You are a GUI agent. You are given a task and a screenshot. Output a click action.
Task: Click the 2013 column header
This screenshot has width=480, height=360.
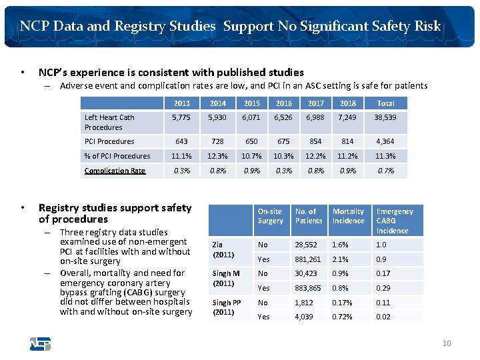coord(181,103)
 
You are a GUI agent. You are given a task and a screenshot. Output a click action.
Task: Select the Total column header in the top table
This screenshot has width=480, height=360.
coord(385,103)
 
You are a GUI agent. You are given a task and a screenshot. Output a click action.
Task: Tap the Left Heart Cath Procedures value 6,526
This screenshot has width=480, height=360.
coord(284,117)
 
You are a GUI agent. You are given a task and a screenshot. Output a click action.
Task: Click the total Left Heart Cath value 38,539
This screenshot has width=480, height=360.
coord(385,117)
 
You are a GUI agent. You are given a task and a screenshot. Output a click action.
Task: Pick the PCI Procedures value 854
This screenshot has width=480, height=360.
coord(315,141)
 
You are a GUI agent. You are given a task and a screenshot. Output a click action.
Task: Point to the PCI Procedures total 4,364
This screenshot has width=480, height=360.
coord(385,141)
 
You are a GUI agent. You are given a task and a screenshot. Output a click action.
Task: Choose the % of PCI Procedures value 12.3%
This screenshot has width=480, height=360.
coord(217,156)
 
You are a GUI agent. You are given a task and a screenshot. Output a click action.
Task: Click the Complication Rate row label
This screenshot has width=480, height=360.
coord(115,171)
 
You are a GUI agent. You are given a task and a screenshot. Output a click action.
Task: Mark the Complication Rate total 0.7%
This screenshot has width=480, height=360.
coord(385,171)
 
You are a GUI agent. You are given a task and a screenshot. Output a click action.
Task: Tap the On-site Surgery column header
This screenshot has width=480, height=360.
coord(270,216)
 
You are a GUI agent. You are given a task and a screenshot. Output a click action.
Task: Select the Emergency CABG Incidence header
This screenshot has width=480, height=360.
coord(394,221)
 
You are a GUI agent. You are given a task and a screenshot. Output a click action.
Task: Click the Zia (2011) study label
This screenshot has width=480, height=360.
coord(223,250)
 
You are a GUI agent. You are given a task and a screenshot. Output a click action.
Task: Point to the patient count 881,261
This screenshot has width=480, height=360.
coord(308,259)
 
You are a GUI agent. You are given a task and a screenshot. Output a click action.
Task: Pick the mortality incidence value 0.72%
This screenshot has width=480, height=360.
coord(343,317)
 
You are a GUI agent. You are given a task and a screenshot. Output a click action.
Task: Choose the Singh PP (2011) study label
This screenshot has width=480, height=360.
coord(226,307)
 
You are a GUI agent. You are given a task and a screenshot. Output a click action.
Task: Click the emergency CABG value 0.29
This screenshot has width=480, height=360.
coord(383,288)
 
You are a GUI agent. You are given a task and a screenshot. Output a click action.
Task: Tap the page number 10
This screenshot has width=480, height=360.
coord(446,343)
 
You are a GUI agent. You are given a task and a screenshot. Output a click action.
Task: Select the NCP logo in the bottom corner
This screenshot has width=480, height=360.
coord(40,345)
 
